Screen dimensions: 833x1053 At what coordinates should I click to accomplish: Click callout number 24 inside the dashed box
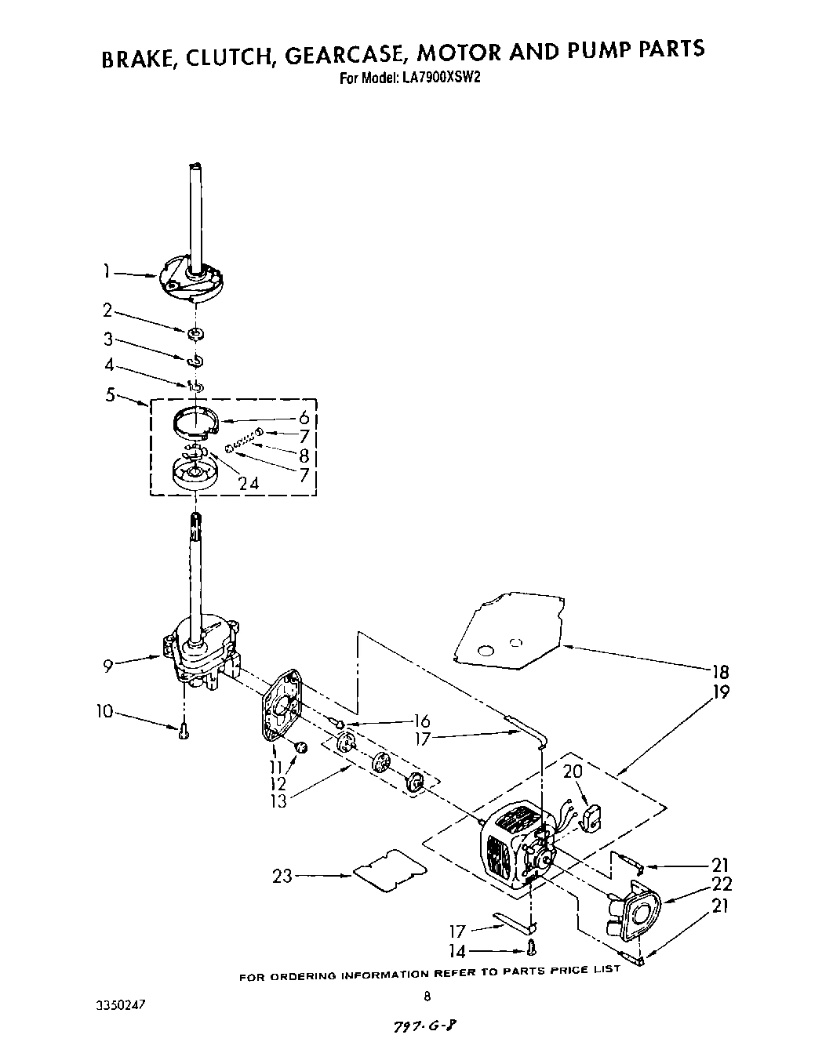249,484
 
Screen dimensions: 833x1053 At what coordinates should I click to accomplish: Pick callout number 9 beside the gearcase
108,666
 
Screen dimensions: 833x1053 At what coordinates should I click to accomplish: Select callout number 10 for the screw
104,712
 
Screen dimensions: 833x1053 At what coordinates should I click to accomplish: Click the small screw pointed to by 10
184,731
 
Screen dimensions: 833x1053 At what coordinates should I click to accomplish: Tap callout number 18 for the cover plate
720,672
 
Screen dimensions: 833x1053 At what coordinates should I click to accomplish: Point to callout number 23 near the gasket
282,876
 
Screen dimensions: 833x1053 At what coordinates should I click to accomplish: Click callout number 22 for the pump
722,885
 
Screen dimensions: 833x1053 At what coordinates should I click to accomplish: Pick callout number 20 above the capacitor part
573,771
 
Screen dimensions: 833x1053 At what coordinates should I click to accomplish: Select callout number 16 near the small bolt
421,721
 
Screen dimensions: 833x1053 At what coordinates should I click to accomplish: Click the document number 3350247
122,1004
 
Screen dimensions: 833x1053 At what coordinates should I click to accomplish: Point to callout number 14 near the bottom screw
457,952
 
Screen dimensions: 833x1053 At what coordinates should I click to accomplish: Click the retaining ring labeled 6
195,423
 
